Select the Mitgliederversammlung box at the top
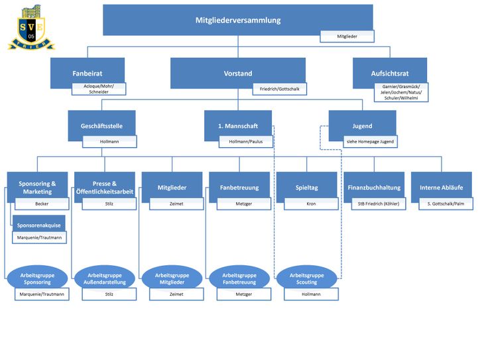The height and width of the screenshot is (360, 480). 237,20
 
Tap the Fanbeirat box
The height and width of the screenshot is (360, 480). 87,73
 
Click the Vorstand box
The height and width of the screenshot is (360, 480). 237,73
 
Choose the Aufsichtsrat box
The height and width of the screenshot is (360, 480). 389,73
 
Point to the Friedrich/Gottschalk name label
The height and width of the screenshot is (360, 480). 279,89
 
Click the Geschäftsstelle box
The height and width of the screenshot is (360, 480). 101,125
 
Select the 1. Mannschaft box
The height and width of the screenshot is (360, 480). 237,125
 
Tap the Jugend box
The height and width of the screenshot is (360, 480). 362,125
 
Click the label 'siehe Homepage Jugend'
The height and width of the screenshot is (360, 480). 370,141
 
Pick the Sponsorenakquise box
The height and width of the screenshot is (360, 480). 38,225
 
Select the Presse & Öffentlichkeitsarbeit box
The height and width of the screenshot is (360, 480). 105,187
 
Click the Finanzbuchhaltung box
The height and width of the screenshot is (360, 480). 374,188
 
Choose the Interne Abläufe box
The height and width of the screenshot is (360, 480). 441,188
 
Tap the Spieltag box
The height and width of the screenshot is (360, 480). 306,188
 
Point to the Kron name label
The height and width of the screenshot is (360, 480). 311,204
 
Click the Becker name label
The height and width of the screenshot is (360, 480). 42,204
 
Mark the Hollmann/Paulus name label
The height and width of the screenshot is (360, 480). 246,141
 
